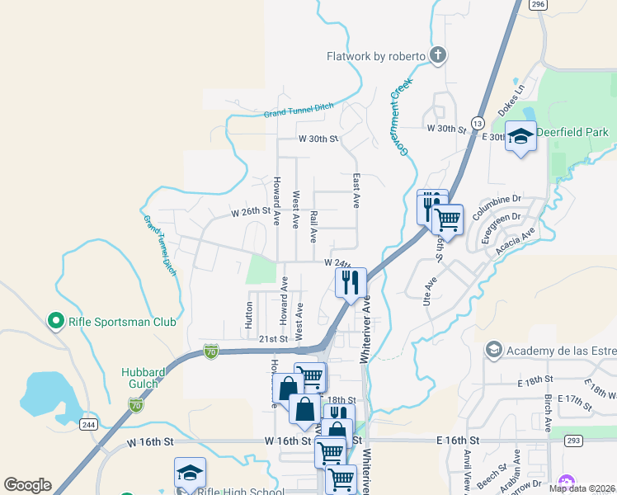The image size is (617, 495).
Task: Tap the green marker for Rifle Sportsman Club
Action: click(56, 320)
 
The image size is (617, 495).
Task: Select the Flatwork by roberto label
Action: click(376, 56)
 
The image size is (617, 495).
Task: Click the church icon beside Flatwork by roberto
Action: click(438, 55)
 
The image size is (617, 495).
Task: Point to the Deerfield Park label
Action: click(572, 131)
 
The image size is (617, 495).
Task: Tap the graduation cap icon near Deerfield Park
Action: click(521, 137)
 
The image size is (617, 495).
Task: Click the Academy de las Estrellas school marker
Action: click(493, 351)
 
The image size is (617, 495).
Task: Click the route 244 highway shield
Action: click(90, 425)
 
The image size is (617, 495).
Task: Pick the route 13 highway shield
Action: click(478, 123)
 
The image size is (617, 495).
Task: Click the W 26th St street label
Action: click(252, 212)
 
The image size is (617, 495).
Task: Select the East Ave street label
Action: click(356, 191)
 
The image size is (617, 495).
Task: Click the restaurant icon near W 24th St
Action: click(351, 282)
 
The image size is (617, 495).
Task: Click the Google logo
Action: click(27, 485)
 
